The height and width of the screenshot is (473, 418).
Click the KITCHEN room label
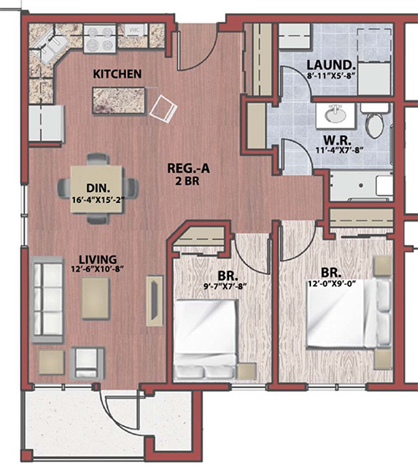point(117,74)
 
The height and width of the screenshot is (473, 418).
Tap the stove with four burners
point(99,39)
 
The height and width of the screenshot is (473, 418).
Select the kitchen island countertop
point(119,100)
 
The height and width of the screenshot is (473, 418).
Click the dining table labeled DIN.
point(98,189)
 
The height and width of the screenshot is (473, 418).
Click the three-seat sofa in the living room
point(48,299)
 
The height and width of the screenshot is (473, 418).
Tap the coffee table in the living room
point(95,298)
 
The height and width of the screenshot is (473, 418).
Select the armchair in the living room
point(87,364)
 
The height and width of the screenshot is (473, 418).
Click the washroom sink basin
point(335,115)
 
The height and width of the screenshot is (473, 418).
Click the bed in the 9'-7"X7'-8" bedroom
point(206,338)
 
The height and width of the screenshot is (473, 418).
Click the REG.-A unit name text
point(188,168)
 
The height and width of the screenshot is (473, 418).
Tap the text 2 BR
point(188,181)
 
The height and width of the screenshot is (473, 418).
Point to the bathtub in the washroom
point(361,186)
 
